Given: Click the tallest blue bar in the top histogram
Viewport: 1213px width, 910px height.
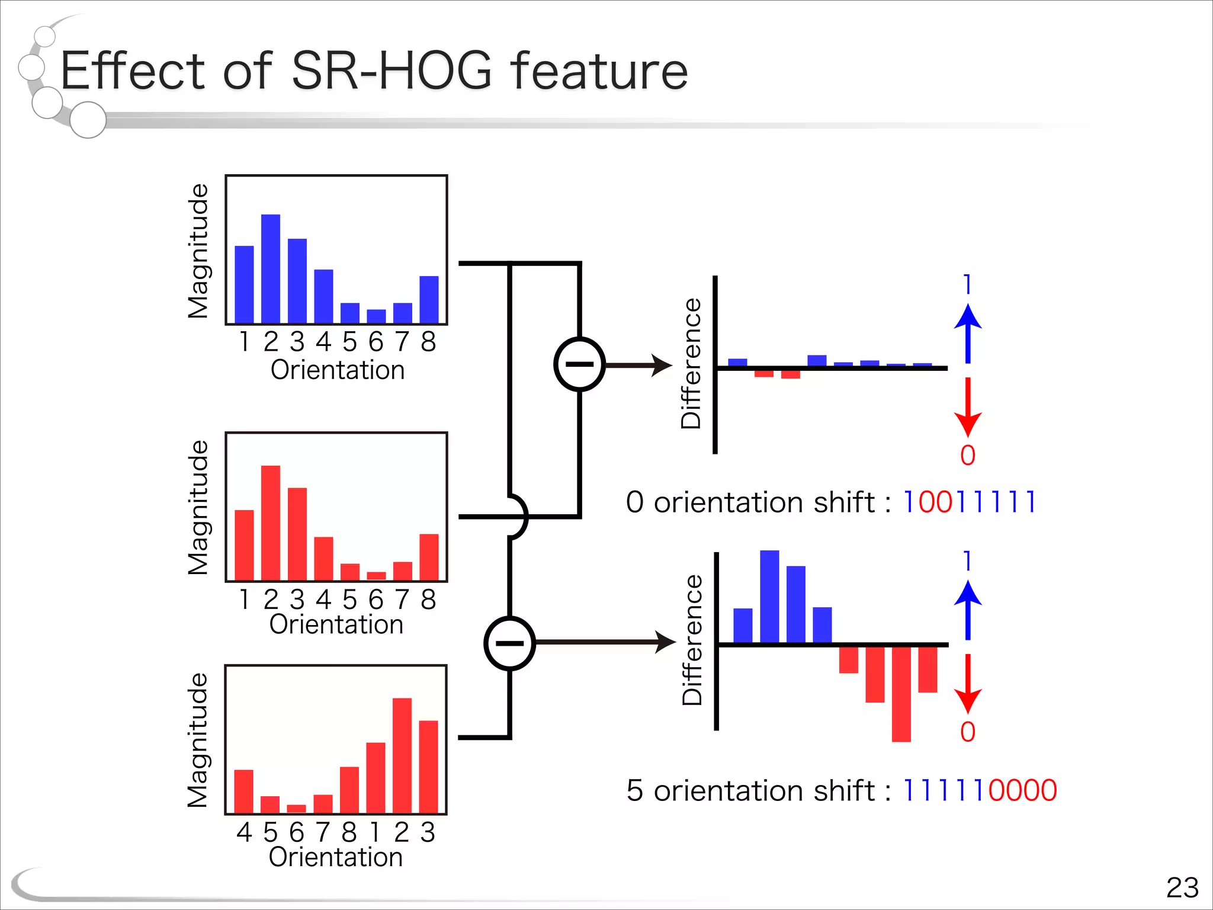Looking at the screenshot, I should click(271, 270).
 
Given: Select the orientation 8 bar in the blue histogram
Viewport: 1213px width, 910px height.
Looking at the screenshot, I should click(429, 300).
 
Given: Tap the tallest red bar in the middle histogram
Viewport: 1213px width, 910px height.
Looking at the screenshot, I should click(271, 523).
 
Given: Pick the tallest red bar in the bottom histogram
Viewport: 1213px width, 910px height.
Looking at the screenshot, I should click(402, 755).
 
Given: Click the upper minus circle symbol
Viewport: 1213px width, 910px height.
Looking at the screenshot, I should click(579, 364).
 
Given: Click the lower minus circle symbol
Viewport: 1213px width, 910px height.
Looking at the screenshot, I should click(509, 643).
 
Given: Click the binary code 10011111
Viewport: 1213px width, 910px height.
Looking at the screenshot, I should click(970, 502).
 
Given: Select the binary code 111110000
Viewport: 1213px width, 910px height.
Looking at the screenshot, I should click(979, 790).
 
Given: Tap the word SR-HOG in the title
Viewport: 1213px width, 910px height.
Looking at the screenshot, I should click(392, 71).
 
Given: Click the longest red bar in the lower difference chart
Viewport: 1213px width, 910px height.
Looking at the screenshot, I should click(901, 693).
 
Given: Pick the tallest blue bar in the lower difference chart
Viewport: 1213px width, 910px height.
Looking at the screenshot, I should click(769, 597).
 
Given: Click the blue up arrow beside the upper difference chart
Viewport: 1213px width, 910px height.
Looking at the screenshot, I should click(968, 333).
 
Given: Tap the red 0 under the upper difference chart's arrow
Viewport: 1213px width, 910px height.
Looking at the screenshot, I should click(968, 456).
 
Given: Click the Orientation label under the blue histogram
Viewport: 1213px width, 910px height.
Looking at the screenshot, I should click(338, 370).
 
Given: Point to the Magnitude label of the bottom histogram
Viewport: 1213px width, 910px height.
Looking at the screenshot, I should click(198, 740).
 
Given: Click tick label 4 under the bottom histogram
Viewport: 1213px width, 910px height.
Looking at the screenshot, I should click(244, 832).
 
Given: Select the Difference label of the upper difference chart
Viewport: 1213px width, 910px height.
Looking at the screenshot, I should click(691, 363).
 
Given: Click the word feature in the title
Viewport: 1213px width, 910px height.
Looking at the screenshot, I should click(599, 71).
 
